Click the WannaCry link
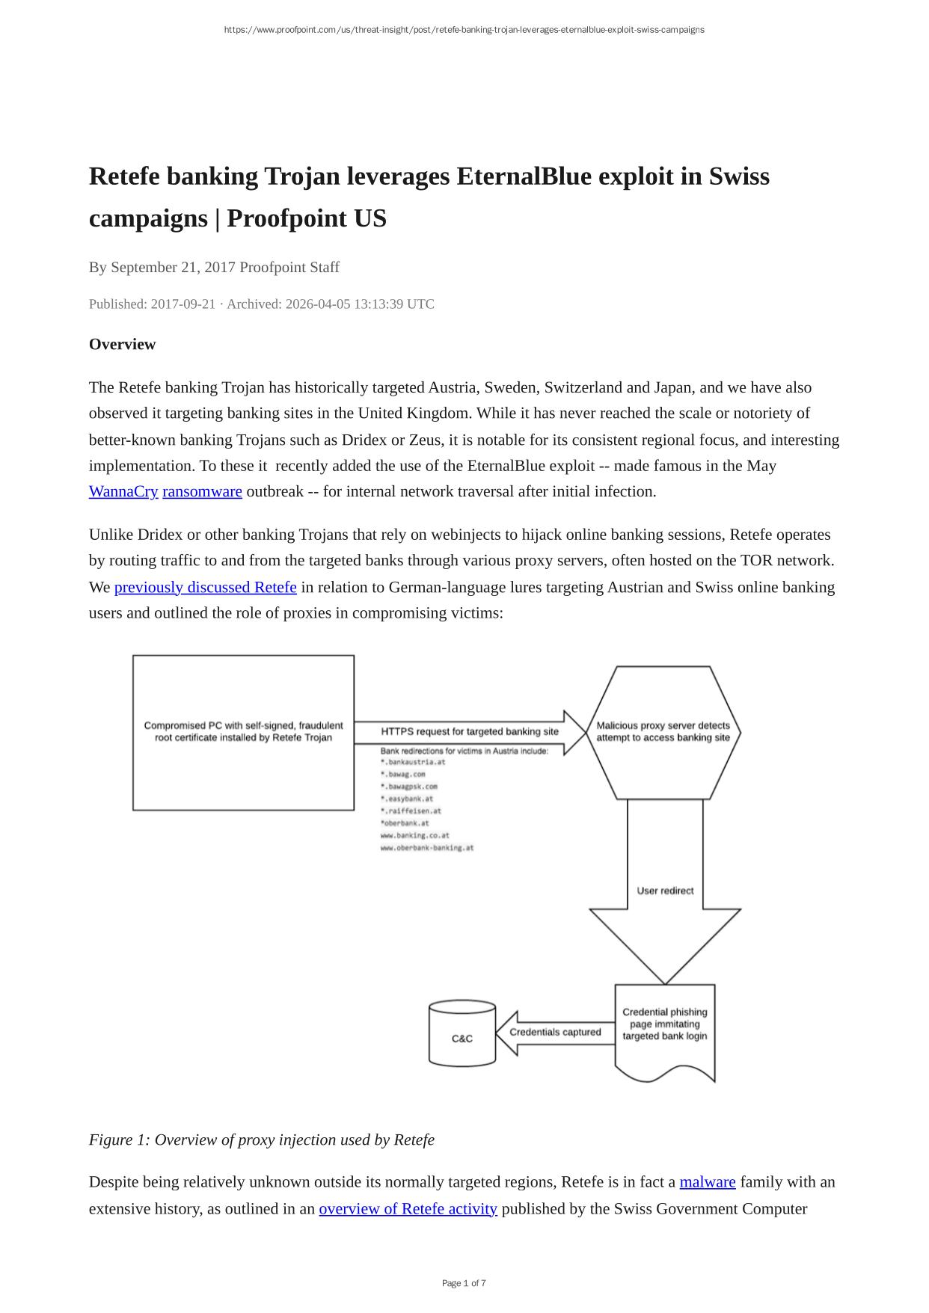click(123, 491)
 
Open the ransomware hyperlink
click(202, 491)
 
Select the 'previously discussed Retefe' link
click(205, 587)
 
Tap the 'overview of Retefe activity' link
click(408, 1208)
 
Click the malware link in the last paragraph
click(707, 1182)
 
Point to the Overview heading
click(122, 344)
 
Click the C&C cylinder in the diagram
click(462, 1037)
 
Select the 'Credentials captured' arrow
click(554, 1032)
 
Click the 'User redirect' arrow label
click(665, 891)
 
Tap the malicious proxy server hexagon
click(663, 732)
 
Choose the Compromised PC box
click(243, 732)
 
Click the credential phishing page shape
click(664, 1025)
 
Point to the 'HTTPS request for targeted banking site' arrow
click(470, 731)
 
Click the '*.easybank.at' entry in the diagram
click(407, 799)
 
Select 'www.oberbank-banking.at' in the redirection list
click(427, 848)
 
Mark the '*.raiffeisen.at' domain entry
click(411, 811)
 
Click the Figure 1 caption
click(261, 1140)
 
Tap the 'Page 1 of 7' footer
click(464, 1283)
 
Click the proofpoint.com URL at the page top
click(464, 30)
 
